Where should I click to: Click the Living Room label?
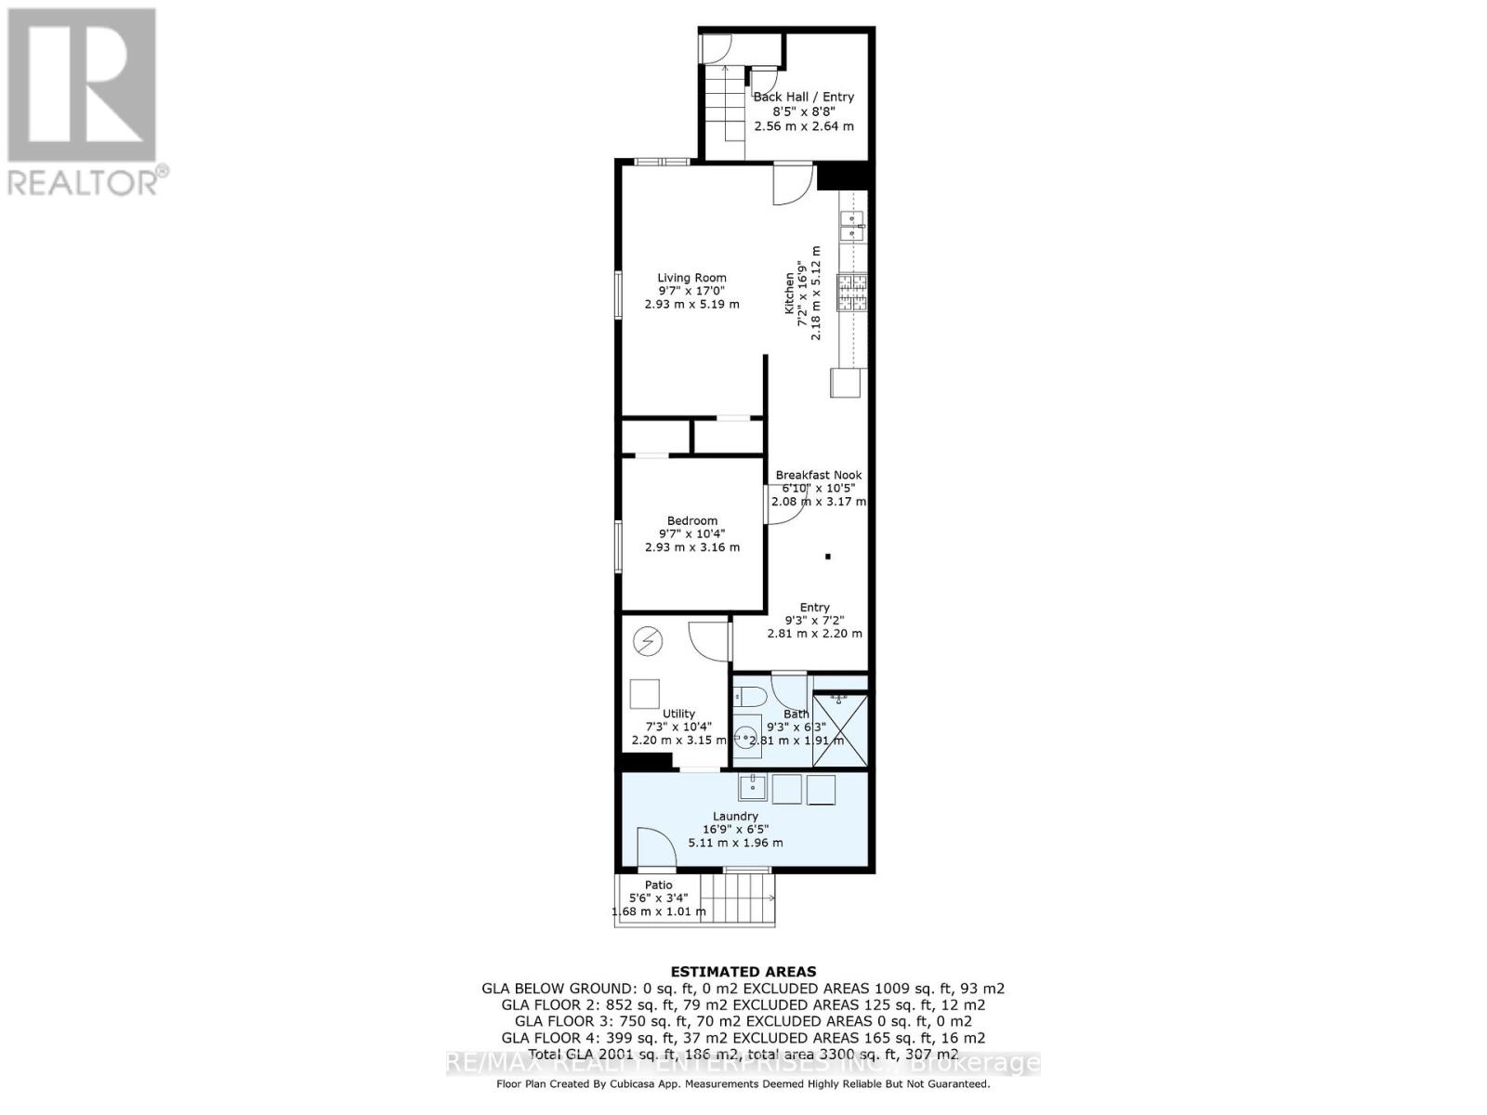click(691, 278)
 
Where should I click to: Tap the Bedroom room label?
click(691, 520)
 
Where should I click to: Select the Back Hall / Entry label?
click(803, 97)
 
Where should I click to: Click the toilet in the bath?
click(749, 696)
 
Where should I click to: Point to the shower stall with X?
click(839, 730)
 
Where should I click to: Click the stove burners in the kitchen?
click(852, 293)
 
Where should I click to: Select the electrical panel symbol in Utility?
click(648, 641)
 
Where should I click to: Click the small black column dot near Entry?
click(827, 557)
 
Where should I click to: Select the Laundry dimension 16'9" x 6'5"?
click(735, 830)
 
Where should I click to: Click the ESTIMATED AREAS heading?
click(743, 972)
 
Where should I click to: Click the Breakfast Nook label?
click(819, 475)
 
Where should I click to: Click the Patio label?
click(658, 885)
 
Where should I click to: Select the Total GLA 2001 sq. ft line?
click(743, 1055)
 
